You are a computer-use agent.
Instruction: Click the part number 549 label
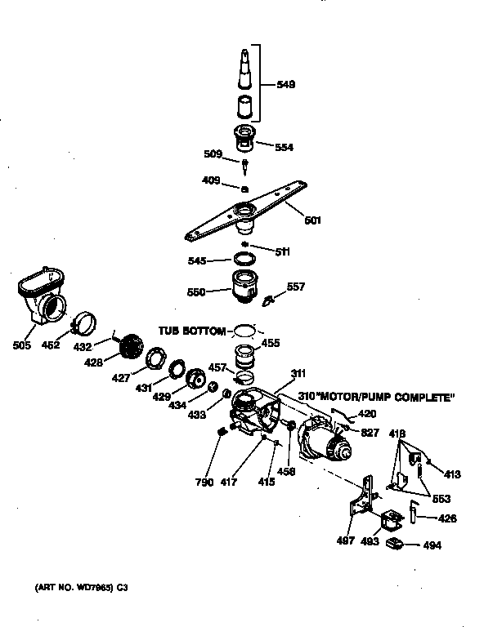pos(286,85)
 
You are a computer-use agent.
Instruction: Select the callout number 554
pos(284,148)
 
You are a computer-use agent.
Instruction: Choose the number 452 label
pos(51,345)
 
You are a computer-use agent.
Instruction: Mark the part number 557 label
pos(296,287)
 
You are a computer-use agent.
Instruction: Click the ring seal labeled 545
pos(242,259)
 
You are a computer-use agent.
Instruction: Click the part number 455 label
pos(270,344)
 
